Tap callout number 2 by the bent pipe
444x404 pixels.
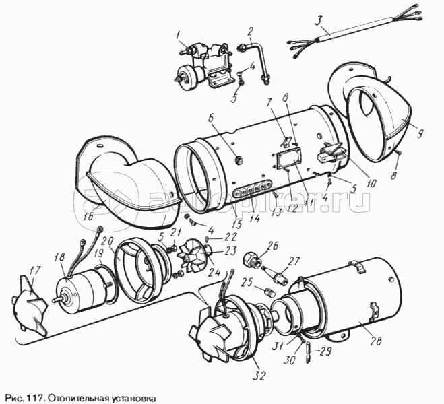[x=250, y=30]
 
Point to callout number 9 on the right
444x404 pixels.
[x=419, y=133]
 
